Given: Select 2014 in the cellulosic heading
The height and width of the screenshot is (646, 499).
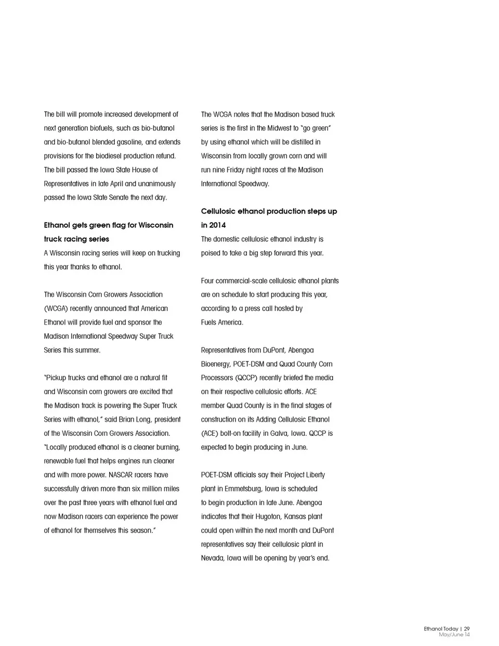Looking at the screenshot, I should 217,225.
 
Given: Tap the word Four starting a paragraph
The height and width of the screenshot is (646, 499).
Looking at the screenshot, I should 208,281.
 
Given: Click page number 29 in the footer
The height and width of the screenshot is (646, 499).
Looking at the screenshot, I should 467,629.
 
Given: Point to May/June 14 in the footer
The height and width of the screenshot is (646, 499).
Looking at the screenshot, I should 454,635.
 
